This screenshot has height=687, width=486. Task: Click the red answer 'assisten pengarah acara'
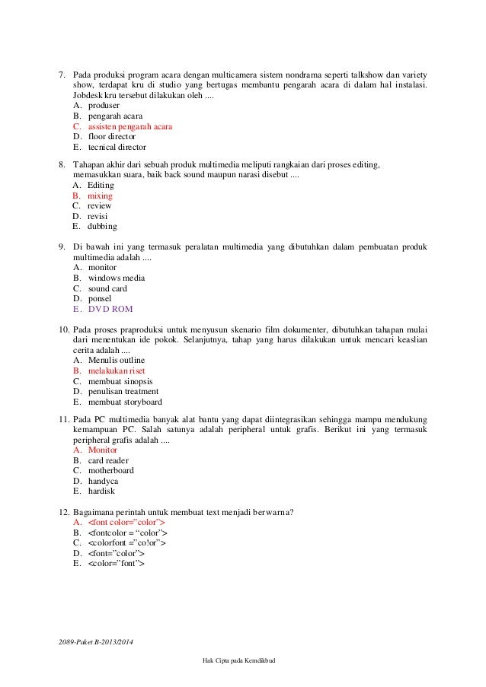click(129, 126)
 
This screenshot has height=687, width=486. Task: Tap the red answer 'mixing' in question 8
click(100, 196)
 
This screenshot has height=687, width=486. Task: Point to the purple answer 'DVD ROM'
click(110, 310)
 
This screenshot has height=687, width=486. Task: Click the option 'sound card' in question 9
click(107, 288)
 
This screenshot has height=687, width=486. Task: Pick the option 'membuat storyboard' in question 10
click(125, 402)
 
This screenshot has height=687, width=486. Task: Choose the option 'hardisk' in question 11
click(103, 491)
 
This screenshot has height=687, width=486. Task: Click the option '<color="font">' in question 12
click(116, 564)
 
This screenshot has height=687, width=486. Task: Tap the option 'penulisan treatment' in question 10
click(123, 392)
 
